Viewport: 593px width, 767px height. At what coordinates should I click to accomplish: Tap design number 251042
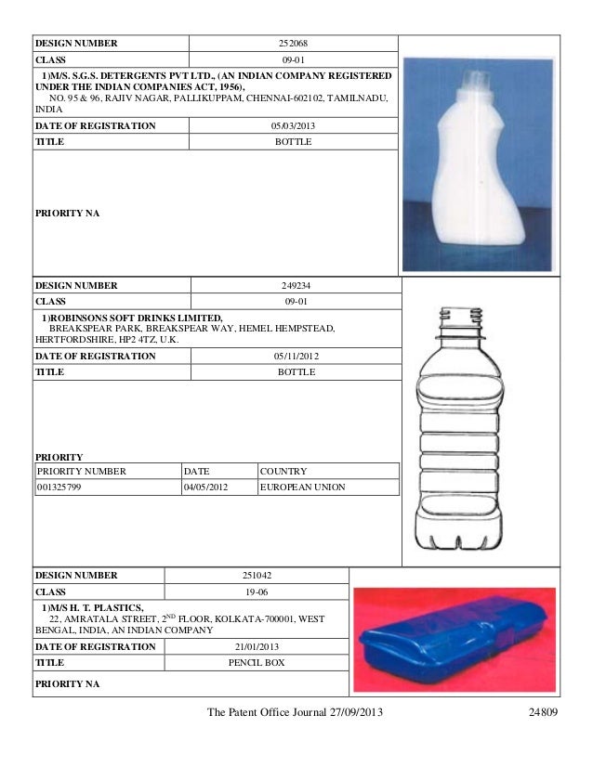pos(260,576)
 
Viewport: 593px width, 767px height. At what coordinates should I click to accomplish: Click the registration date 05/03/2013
pos(293,124)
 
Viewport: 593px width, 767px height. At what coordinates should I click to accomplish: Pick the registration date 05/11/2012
pos(296,356)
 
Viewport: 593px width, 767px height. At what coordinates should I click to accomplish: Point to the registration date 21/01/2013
pos(260,647)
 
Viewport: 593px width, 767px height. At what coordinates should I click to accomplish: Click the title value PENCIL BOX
pos(260,664)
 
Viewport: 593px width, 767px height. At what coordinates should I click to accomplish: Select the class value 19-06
pos(260,591)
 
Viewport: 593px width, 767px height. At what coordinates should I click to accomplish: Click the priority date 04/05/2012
pos(206,486)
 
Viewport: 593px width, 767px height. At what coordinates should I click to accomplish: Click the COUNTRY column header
pos(283,471)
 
